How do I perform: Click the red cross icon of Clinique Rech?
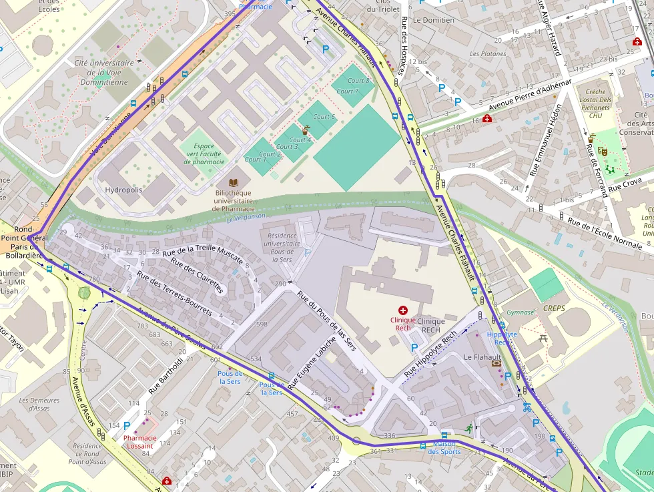pyautogui.click(x=402, y=310)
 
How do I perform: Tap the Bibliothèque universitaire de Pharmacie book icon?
pyautogui.click(x=233, y=182)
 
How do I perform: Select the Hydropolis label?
pyautogui.click(x=123, y=190)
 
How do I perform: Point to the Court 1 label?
pyautogui.click(x=255, y=160)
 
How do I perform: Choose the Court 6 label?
pyautogui.click(x=324, y=117)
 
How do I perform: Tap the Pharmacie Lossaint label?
pyautogui.click(x=140, y=442)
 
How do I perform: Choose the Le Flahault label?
pyautogui.click(x=477, y=358)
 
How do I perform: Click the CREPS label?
pyautogui.click(x=554, y=308)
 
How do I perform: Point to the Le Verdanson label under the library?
pyautogui.click(x=246, y=217)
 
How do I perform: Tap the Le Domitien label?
pyautogui.click(x=433, y=20)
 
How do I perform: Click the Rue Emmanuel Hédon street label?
pyautogui.click(x=545, y=140)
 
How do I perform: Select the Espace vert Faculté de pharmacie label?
pyautogui.click(x=204, y=154)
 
